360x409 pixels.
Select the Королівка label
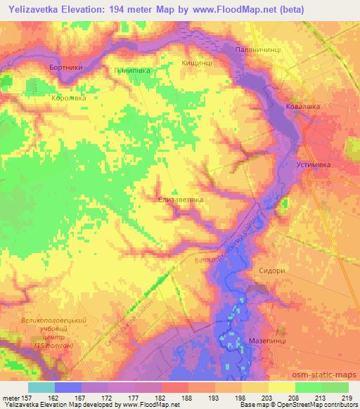[68, 98]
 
